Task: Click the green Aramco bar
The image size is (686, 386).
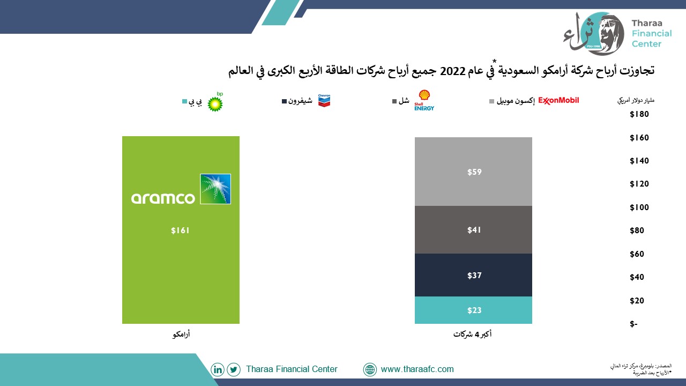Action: [181, 230]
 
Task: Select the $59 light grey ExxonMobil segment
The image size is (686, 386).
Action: [473, 172]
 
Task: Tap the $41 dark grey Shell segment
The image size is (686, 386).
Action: [473, 230]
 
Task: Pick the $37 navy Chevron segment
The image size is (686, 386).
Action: [473, 275]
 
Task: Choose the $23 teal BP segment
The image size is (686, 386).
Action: [473, 310]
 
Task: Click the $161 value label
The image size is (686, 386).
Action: [181, 231]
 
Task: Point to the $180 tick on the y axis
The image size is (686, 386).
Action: [639, 114]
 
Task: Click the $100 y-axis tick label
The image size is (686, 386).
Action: [639, 207]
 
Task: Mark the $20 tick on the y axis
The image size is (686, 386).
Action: [637, 301]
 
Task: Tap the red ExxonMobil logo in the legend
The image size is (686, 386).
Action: [558, 100]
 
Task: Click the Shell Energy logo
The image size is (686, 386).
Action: [424, 100]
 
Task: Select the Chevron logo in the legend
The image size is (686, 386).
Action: [324, 100]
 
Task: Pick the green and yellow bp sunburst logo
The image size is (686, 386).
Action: [215, 102]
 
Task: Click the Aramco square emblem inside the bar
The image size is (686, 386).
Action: [215, 189]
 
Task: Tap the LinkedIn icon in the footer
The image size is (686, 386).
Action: [218, 369]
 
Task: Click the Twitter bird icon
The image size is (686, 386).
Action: [234, 369]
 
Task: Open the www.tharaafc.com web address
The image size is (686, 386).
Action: [417, 369]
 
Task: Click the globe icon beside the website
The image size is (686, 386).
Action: [370, 369]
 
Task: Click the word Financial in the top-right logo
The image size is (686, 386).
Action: [652, 33]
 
